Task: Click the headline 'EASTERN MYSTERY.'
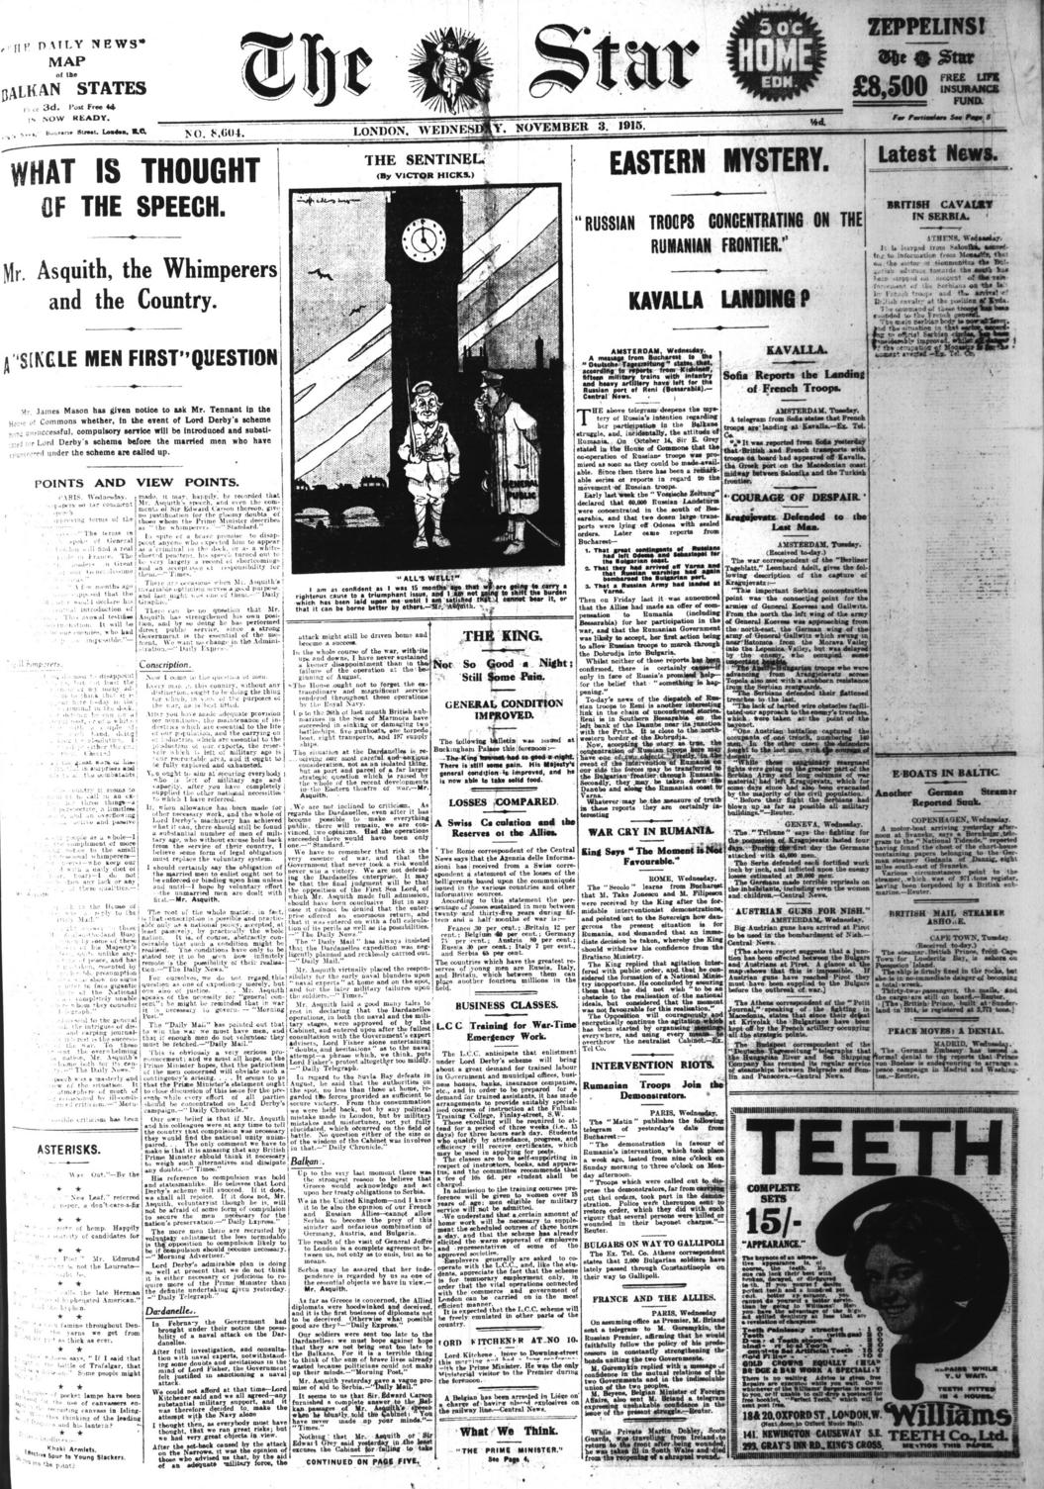tap(719, 165)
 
